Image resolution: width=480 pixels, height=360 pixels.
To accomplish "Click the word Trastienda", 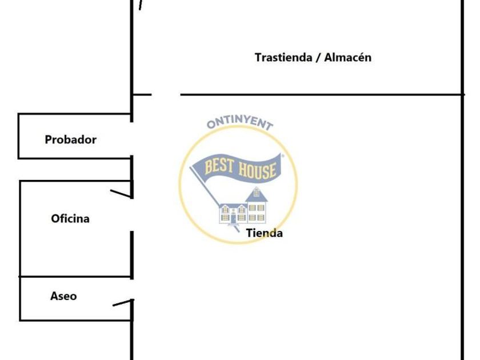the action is (283, 58).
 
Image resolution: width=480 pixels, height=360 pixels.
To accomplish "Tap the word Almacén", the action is (348, 57).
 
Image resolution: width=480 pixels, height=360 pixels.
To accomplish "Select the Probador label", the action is (70, 139).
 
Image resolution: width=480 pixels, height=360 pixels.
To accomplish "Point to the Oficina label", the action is (70, 218).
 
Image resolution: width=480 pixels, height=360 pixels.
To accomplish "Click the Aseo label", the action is (63, 296).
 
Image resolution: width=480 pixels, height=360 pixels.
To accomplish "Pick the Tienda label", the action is (264, 233).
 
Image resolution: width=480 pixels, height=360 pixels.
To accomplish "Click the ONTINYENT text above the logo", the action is (239, 122).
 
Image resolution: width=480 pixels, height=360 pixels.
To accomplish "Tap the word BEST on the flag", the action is (218, 166).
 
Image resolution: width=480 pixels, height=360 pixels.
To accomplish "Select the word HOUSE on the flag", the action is (257, 170).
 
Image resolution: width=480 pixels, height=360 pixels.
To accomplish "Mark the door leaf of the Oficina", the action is (121, 194).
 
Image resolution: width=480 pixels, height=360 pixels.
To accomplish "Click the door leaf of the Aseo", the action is (123, 303).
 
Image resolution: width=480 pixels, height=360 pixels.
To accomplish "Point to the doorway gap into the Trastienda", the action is (166, 95).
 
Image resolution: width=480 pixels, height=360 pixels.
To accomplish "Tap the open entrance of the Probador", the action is (131, 139).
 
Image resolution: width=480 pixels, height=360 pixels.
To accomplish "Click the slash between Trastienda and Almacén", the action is (318, 58).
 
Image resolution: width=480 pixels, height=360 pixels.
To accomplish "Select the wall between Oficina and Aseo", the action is (75, 277).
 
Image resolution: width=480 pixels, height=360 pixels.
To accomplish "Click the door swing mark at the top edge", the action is (141, 5).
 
